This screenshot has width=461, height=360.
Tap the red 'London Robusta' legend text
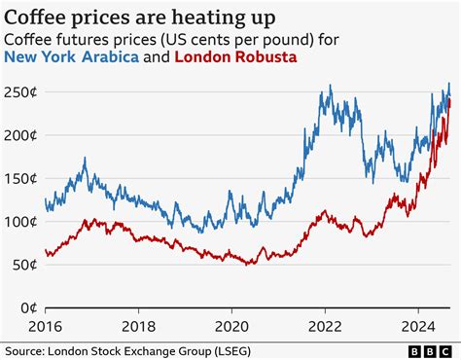coord(235,58)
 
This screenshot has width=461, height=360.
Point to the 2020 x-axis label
coord(232,327)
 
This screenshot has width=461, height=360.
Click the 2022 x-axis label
coord(324,327)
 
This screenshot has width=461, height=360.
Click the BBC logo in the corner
coord(430,349)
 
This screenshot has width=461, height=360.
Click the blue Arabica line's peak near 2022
coord(330,87)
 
